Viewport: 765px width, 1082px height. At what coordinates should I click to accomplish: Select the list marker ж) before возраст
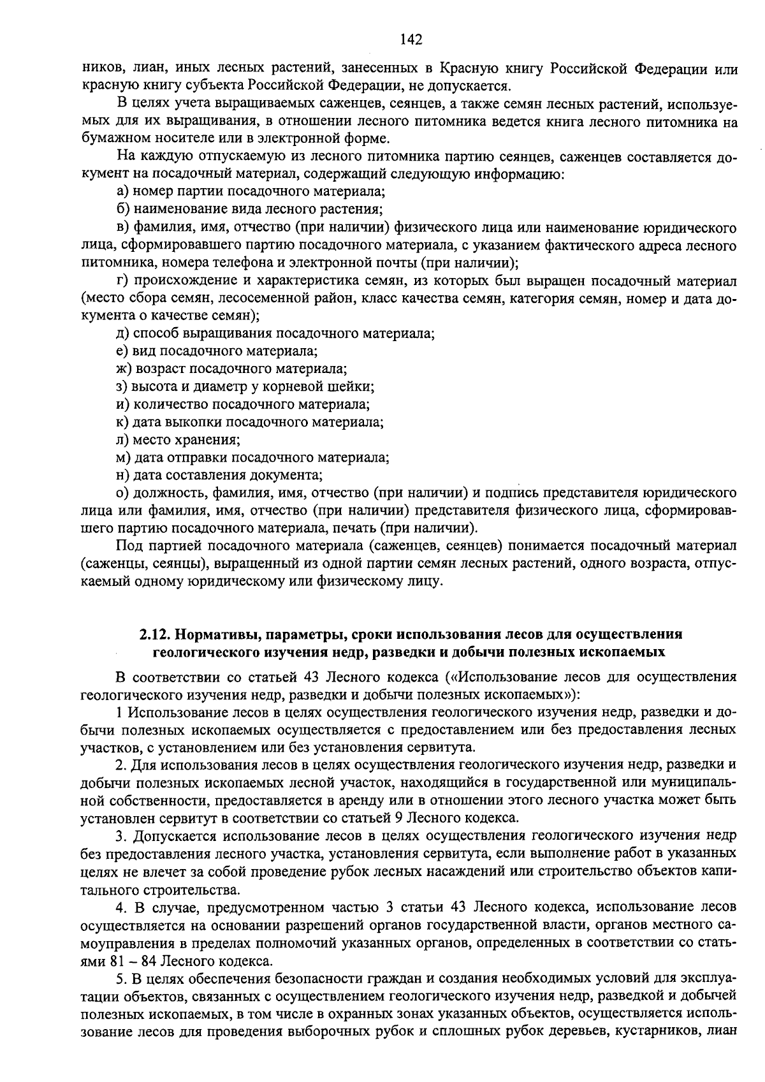click(124, 369)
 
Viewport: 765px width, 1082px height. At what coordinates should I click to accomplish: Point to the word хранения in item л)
click(211, 439)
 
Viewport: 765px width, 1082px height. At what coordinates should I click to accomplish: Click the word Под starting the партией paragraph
click(127, 546)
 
